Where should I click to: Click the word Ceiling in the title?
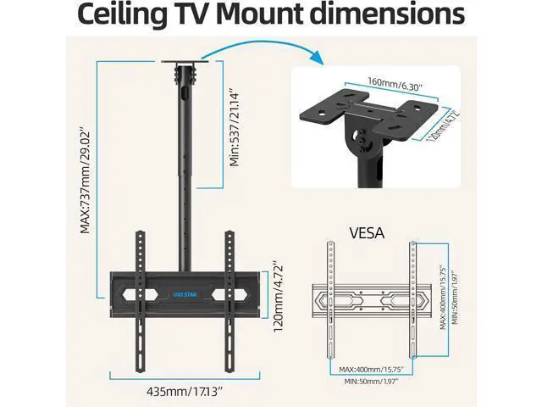coord(122,14)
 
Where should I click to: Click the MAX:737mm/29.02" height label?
coord(85,181)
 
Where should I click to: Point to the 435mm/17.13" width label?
coord(185,392)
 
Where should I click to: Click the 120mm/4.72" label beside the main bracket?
coord(279,298)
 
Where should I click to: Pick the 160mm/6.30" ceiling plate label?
coord(395,84)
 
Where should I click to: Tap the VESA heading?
coord(367,232)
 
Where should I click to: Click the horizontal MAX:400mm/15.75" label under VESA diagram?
coord(371,370)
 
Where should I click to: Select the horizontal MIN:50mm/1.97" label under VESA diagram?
coord(371,382)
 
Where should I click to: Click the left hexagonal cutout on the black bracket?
coord(140,295)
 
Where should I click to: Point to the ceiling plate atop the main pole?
coord(185,62)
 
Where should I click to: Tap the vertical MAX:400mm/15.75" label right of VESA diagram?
coord(443,298)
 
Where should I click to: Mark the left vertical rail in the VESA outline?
coord(331,299)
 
